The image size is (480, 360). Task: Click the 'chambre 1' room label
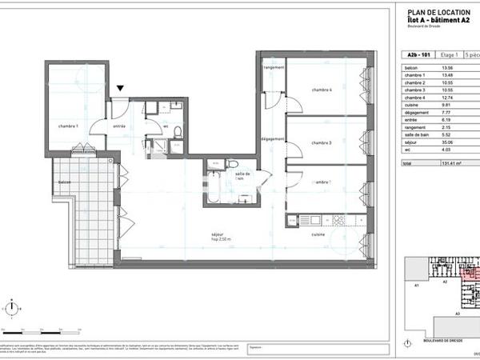[x=67, y=126]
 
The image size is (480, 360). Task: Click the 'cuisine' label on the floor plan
[x=318, y=234]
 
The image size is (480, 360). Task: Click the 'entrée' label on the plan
[x=119, y=126]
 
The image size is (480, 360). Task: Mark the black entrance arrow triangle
[x=120, y=89]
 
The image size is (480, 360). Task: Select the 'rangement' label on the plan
[x=274, y=68]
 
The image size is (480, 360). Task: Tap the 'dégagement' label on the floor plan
[x=274, y=139]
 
